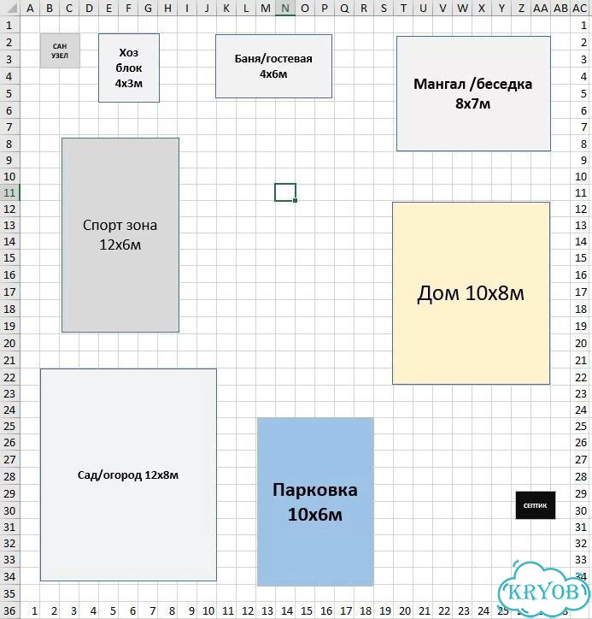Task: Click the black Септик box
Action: point(536,505)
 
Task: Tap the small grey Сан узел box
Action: point(60,50)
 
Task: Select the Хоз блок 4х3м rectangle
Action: point(129,68)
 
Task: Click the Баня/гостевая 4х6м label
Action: point(273,66)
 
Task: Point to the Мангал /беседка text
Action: point(473,84)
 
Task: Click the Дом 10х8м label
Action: point(471,293)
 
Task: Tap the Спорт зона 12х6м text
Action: point(120,234)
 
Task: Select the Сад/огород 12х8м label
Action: point(128,475)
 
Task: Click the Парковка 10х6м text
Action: point(314,502)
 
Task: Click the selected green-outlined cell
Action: point(285,192)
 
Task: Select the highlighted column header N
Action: point(285,8)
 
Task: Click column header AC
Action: point(580,8)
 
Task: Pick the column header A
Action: point(30,8)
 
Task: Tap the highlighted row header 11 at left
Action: point(9,192)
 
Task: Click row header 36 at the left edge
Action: point(9,611)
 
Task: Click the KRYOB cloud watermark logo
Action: point(545,589)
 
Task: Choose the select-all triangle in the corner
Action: point(11,8)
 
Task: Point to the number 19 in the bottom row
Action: point(385,611)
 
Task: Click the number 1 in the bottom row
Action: point(34,611)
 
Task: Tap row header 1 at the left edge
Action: point(9,26)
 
